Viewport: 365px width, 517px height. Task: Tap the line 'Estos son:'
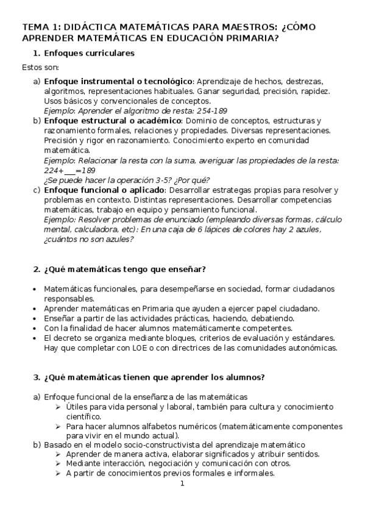coord(40,67)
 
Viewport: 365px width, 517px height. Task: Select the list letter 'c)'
coord(37,190)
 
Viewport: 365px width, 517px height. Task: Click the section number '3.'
coord(36,377)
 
